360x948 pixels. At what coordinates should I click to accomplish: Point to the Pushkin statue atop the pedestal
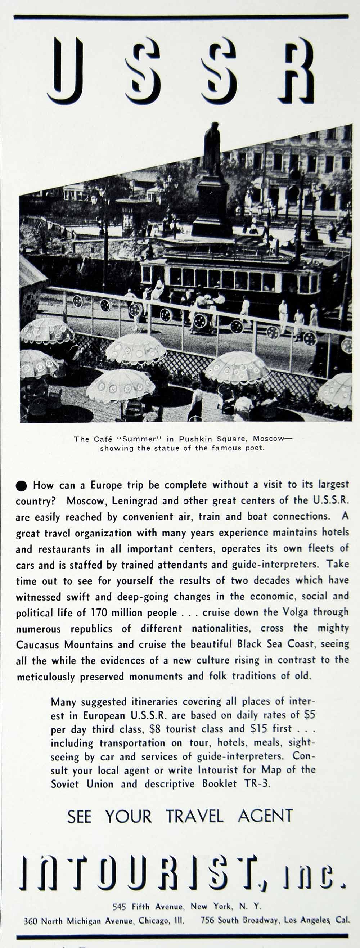point(212,147)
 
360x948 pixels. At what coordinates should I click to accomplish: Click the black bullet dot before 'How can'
point(21,486)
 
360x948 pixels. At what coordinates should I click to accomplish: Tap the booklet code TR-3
point(257,784)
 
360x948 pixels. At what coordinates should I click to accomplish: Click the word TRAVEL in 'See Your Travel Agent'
point(194,816)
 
